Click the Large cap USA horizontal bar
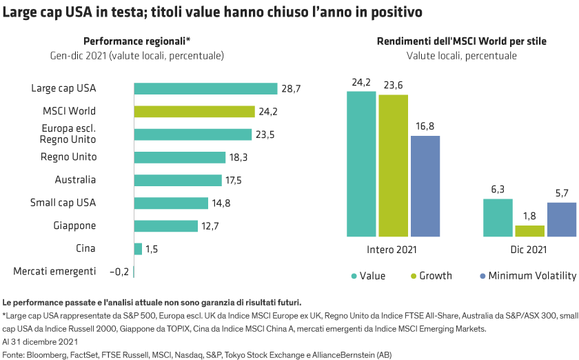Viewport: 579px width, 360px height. tap(205, 88)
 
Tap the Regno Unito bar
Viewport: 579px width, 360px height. tap(179, 157)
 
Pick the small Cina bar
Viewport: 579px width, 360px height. tap(138, 249)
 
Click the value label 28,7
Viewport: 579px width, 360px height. tap(290, 88)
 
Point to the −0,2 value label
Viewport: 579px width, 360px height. tap(119, 272)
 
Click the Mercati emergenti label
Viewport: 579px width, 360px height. tap(55, 272)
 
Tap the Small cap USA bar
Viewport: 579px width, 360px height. tap(170, 203)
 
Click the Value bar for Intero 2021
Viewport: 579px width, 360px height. tap(361, 163)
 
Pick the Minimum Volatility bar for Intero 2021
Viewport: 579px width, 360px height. tap(425, 186)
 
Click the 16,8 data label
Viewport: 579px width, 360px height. tap(425, 126)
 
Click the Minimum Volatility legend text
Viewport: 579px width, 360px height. tap(532, 276)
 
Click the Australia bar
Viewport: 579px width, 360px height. tap(177, 180)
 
